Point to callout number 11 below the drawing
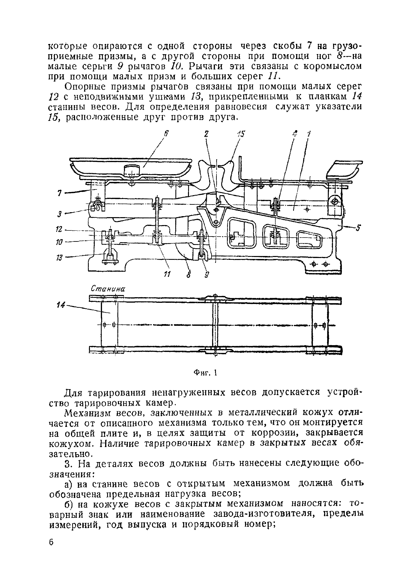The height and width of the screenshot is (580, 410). (x=167, y=274)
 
